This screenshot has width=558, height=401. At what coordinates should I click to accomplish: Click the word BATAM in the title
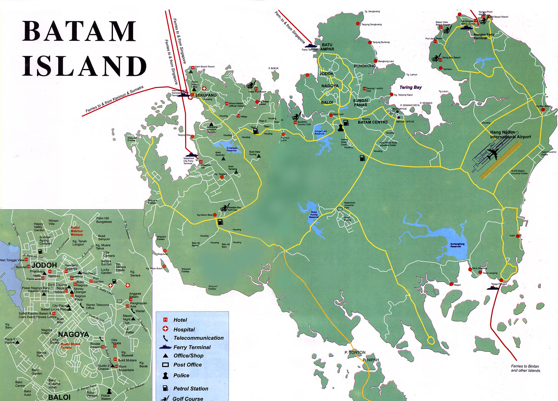[x=80, y=31]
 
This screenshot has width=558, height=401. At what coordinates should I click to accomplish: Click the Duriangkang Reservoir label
[x=457, y=245]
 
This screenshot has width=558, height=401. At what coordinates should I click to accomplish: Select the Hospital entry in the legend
[x=184, y=329]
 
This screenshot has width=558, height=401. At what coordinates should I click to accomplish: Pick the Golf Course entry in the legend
[x=188, y=399]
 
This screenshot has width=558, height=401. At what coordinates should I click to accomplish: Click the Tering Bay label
[x=410, y=87]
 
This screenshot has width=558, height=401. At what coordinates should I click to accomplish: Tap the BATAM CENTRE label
[x=372, y=122]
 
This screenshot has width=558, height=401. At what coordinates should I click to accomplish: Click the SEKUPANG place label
[x=206, y=95]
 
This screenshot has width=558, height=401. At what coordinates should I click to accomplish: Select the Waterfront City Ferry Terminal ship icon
[x=191, y=155]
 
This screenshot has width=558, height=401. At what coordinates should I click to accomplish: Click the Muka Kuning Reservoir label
[x=314, y=214]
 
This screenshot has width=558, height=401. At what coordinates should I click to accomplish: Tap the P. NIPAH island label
[x=370, y=360]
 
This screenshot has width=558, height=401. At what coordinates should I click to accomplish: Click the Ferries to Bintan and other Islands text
[x=525, y=368]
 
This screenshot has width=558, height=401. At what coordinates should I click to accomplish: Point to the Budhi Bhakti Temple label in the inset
[x=70, y=345]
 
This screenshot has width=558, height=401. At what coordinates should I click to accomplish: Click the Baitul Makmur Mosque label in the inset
[x=77, y=231]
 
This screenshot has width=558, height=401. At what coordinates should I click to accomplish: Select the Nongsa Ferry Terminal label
[x=484, y=36]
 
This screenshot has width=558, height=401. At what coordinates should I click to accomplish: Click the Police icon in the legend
[x=166, y=376]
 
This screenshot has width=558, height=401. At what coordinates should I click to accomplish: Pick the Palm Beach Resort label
[x=205, y=66]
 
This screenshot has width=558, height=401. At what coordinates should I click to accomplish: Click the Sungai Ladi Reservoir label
[x=320, y=132]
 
